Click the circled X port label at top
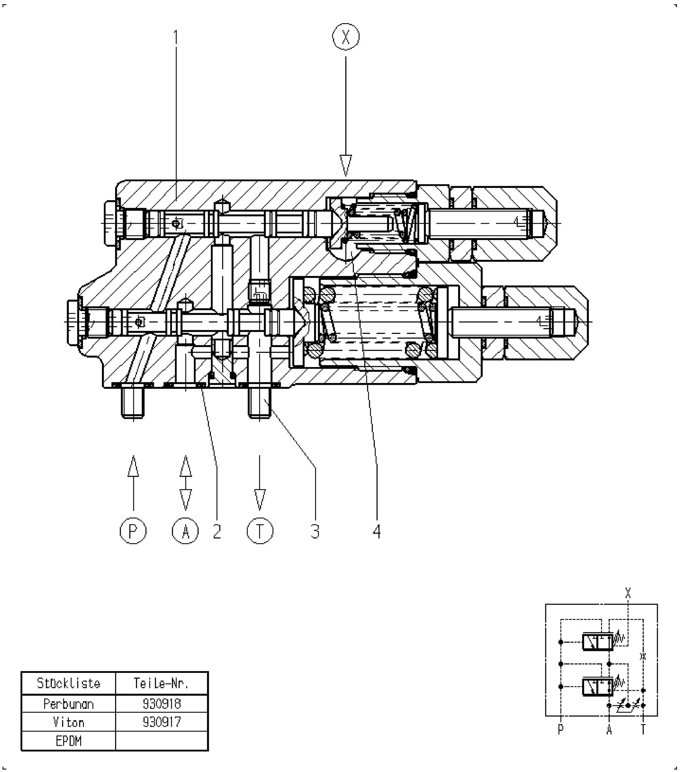[346, 37]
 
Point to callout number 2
[217, 531]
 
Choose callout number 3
[315, 531]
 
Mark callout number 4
[377, 531]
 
